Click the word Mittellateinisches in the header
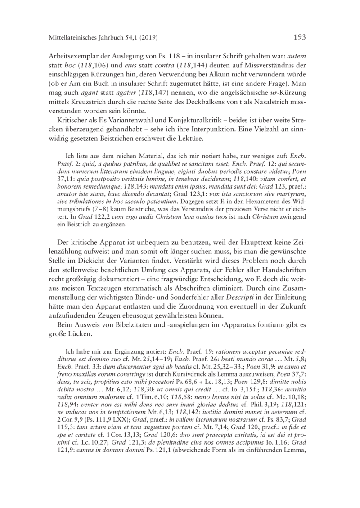pos(72,38)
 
